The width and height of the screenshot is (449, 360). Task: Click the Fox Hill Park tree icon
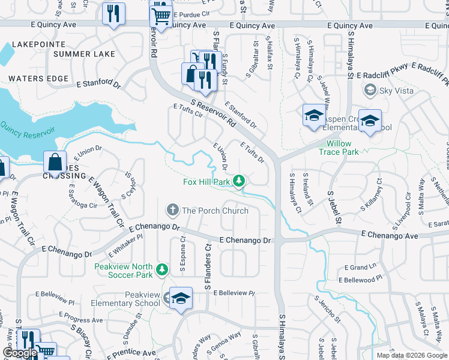(240, 181)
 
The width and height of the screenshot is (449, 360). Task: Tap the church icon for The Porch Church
(173, 210)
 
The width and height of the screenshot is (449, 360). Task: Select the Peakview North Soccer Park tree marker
(161, 271)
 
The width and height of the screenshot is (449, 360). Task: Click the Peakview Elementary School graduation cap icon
(180, 298)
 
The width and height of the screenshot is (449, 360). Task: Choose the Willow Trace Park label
(351, 148)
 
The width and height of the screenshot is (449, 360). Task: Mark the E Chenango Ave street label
(390, 236)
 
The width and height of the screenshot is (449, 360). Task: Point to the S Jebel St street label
(334, 208)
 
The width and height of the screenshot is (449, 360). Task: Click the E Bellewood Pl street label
(360, 280)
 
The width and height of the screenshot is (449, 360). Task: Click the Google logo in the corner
(20, 353)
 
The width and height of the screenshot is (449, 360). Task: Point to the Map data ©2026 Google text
(411, 355)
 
